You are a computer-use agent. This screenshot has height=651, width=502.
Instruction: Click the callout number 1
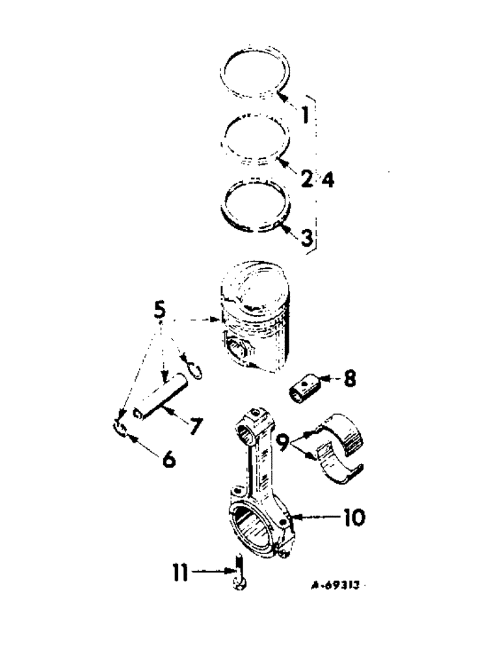pyautogui.click(x=304, y=118)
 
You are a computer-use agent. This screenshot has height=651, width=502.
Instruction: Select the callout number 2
pyautogui.click(x=306, y=177)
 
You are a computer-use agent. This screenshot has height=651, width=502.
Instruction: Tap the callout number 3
pyautogui.click(x=307, y=236)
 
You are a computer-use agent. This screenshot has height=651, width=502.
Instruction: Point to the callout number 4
pyautogui.click(x=328, y=178)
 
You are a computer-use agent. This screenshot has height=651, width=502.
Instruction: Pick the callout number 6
pyautogui.click(x=168, y=459)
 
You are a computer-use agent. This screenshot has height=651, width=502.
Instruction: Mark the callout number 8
pyautogui.click(x=349, y=379)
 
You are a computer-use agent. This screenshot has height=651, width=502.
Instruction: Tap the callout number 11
pyautogui.click(x=181, y=573)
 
